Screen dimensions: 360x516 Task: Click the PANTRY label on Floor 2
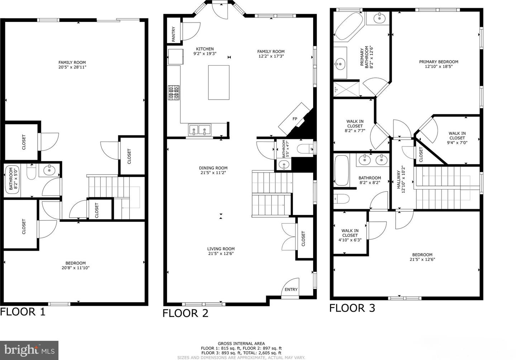(x=174, y=34)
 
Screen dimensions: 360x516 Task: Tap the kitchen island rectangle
(x=219, y=82)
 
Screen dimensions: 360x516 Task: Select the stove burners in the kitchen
(x=174, y=92)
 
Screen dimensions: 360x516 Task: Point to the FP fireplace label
(x=295, y=119)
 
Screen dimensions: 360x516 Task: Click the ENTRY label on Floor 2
(x=291, y=289)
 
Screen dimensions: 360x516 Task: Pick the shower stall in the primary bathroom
(x=346, y=88)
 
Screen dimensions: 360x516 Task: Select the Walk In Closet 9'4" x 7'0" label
(x=457, y=138)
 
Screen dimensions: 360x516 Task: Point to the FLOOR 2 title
(x=185, y=313)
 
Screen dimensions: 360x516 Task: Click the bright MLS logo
(x=29, y=350)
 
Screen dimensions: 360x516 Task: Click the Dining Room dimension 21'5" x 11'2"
(x=213, y=172)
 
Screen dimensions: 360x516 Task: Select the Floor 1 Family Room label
(x=72, y=62)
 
